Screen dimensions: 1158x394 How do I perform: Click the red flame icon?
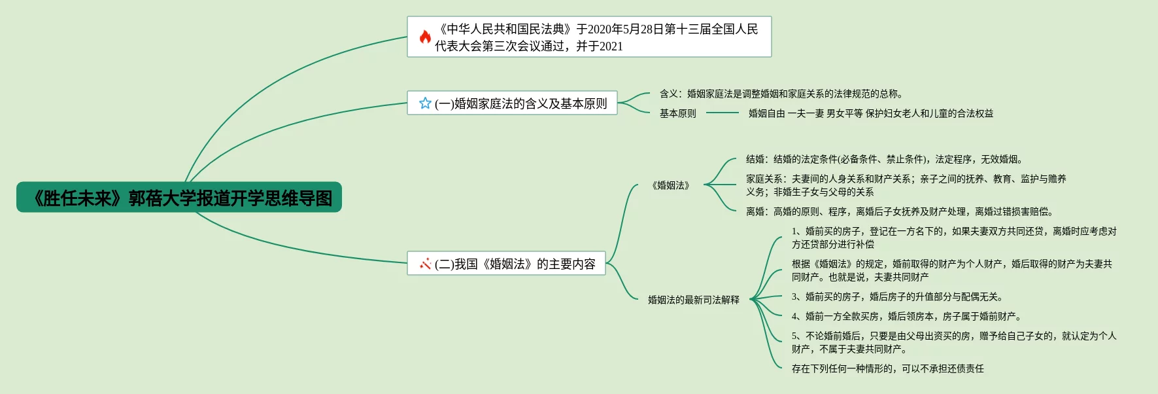[425, 37]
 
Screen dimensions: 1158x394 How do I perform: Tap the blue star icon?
[425, 103]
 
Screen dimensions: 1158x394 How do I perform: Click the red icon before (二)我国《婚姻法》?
[425, 264]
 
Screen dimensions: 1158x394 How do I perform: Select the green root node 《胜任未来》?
[179, 198]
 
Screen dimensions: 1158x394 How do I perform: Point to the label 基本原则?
[677, 113]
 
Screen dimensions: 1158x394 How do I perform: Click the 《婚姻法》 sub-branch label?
[671, 185]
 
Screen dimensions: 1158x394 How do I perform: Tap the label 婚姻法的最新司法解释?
[693, 300]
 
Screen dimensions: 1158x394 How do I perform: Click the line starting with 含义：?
[781, 94]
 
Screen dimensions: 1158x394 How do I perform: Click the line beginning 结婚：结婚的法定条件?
[884, 159]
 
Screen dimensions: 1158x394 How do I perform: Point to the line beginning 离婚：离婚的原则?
[899, 211]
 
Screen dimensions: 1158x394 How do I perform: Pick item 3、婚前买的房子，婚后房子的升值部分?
[897, 296]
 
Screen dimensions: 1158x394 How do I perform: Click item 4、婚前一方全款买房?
[906, 316]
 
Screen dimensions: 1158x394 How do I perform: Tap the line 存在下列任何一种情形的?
[887, 368]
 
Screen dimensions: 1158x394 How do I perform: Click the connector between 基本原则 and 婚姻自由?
[722, 113]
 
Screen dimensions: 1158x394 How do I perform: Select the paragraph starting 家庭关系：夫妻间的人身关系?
[906, 185]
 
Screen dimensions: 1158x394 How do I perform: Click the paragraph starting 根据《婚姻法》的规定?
[951, 270]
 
